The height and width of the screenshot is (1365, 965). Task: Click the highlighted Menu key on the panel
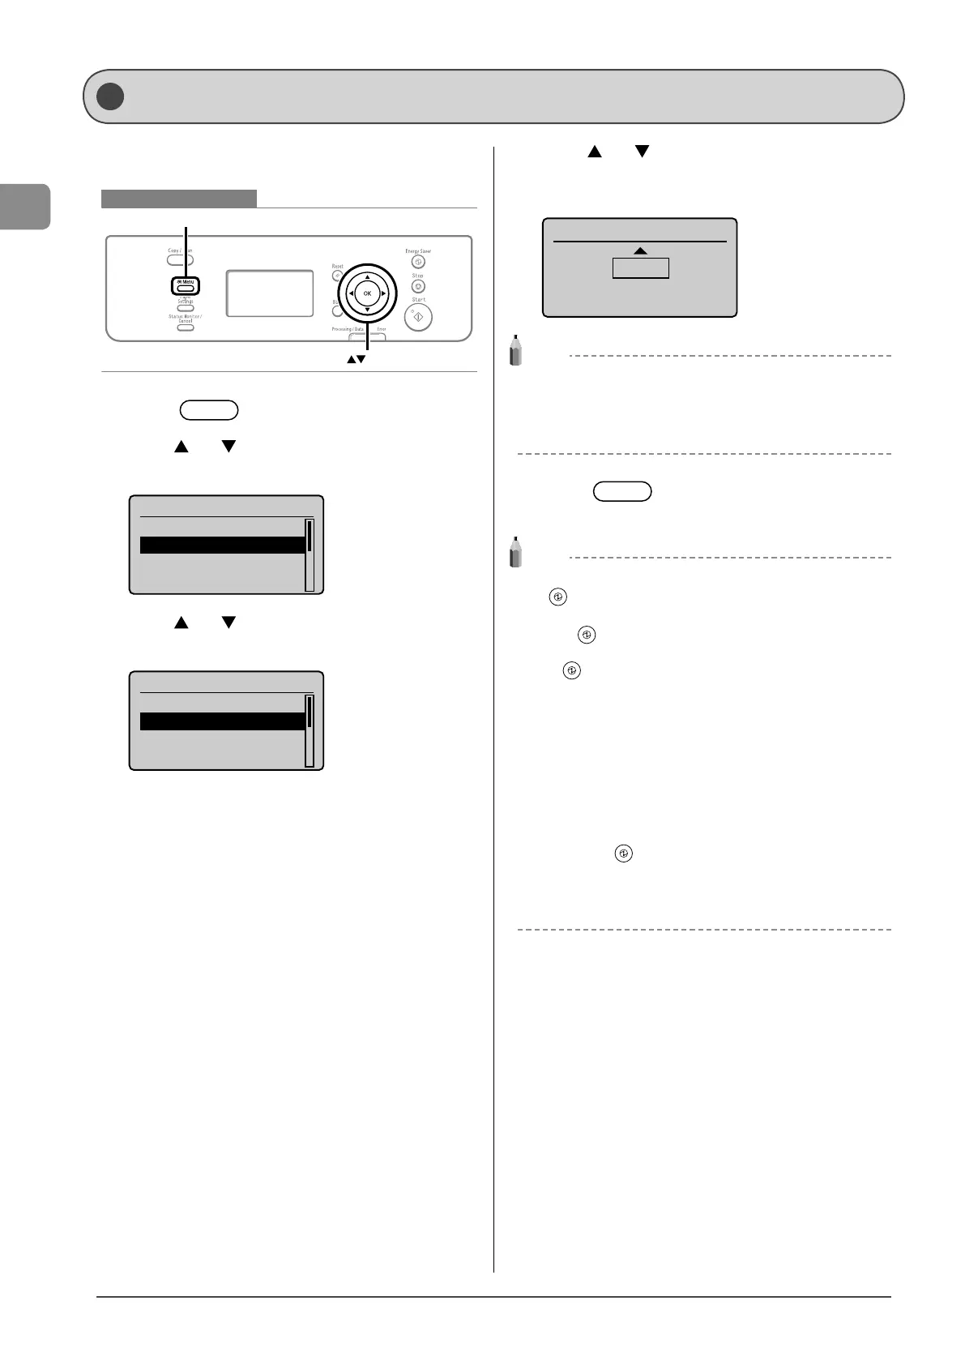point(186,286)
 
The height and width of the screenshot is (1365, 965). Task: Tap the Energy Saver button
point(418,262)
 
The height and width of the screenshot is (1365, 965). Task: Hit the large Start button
point(418,318)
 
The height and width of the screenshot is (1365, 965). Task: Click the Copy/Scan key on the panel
point(180,260)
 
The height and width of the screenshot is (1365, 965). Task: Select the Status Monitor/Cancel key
point(186,327)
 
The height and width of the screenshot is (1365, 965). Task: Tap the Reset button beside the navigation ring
point(336,276)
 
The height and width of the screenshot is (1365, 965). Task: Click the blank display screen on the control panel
point(270,293)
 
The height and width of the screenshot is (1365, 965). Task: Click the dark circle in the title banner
point(110,96)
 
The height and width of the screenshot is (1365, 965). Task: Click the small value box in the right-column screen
point(640,268)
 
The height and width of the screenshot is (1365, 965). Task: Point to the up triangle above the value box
point(640,251)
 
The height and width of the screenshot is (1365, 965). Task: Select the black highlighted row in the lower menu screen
point(222,721)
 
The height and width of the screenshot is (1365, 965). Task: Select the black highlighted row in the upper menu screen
point(222,545)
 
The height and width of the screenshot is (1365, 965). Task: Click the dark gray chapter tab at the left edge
point(25,207)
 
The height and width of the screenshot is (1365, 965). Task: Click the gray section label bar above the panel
point(178,199)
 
